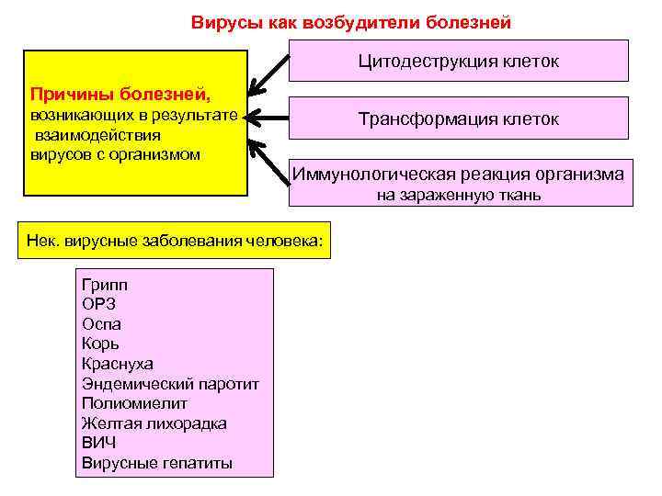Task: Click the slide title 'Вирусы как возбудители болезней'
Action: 350,21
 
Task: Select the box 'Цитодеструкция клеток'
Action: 459,62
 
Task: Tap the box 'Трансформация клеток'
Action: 459,119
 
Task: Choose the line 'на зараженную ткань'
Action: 459,195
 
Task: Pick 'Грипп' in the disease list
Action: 104,285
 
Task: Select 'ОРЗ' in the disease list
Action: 98,304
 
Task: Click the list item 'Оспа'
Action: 101,324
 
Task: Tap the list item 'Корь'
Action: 100,344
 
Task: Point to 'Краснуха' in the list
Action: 118,364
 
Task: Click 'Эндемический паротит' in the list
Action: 170,384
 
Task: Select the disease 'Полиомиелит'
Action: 134,403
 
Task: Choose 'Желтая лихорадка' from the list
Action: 154,423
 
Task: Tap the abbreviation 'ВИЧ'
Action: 98,443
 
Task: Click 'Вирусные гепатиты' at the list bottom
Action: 157,463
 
